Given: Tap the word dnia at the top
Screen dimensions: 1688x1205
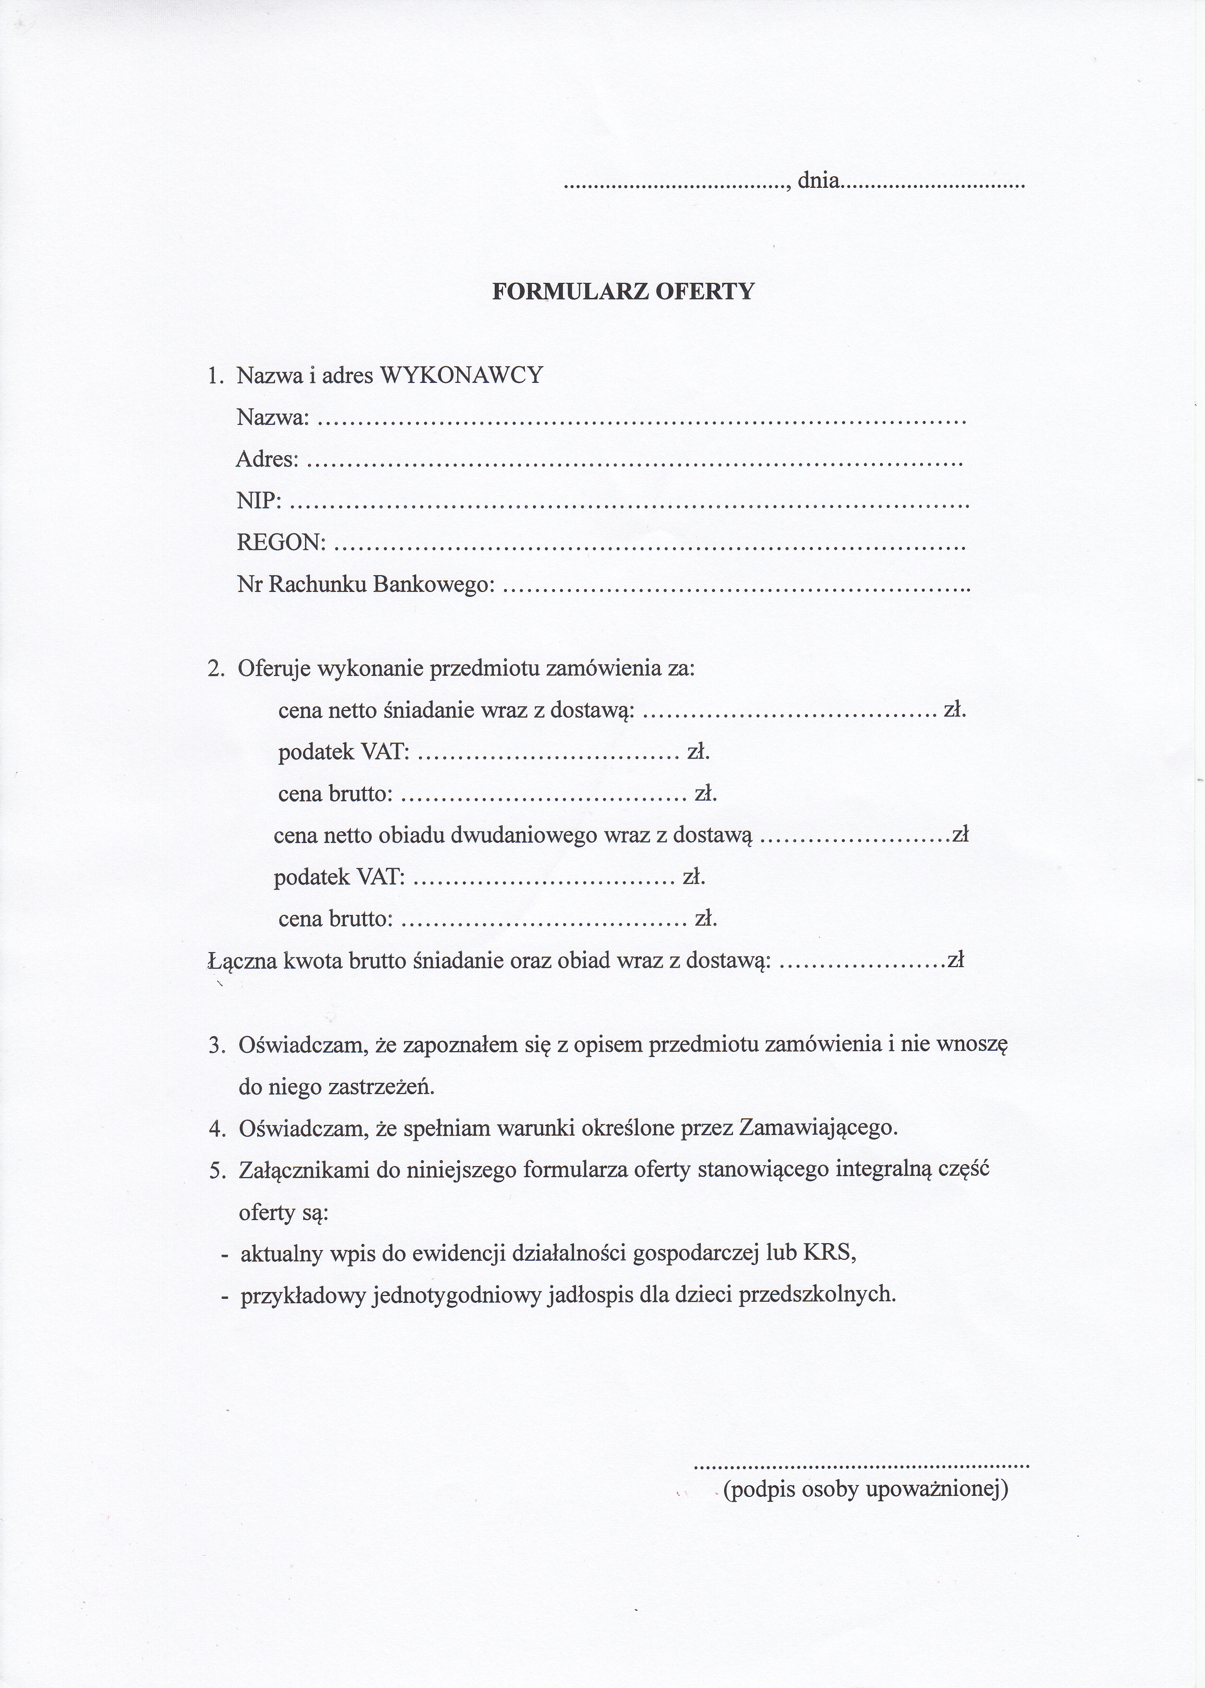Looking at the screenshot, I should tap(818, 180).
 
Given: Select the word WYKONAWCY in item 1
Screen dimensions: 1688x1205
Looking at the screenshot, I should tap(462, 376).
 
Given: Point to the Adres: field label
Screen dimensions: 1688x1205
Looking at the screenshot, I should tap(267, 460).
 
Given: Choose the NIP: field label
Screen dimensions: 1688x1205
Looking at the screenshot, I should tap(259, 502).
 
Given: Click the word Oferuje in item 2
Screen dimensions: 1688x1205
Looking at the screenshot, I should tap(275, 669).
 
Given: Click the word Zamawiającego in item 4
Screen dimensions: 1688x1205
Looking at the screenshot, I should tap(818, 1129).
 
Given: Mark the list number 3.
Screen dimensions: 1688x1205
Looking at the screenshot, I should tap(216, 1046).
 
